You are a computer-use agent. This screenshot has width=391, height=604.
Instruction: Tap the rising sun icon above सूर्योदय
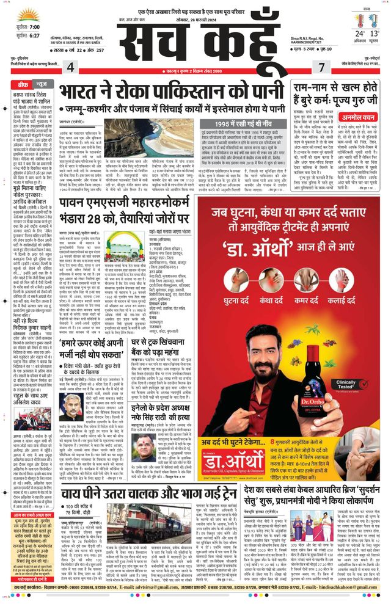pyautogui.click(x=27, y=15)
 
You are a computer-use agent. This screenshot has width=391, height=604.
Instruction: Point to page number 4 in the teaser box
pyautogui.click(x=71, y=66)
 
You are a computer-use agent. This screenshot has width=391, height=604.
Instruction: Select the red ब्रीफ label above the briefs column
pyautogui.click(x=24, y=85)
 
